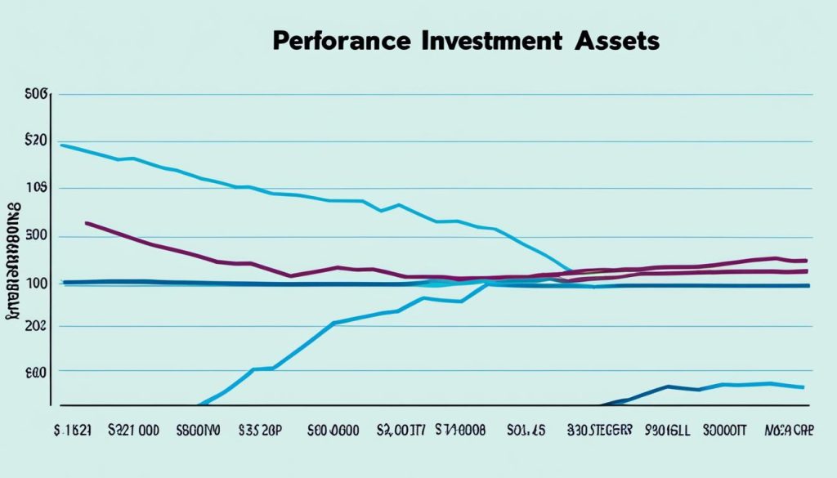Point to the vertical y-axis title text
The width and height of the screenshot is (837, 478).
(14, 257)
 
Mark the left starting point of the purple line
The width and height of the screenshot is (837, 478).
(86, 222)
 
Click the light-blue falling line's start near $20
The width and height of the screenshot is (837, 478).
(62, 145)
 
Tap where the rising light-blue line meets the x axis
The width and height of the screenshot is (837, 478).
(199, 404)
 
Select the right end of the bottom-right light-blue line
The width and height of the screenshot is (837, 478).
(804, 387)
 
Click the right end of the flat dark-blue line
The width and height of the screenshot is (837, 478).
(808, 286)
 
